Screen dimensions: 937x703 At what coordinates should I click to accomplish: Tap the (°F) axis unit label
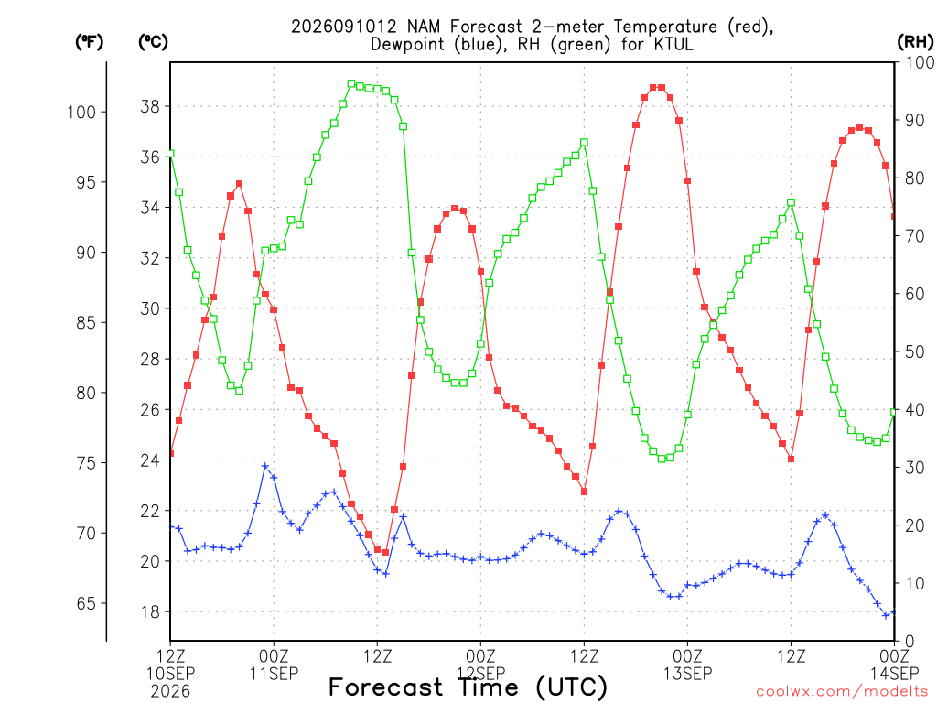pos(90,42)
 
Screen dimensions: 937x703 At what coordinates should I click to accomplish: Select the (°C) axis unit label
pos(154,42)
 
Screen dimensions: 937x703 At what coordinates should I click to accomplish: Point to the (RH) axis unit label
pos(915,42)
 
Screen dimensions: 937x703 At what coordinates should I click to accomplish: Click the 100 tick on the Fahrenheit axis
pos(81,112)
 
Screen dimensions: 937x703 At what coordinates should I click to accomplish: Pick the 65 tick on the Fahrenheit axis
pos(87,603)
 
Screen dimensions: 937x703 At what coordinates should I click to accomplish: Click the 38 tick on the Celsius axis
pos(150,106)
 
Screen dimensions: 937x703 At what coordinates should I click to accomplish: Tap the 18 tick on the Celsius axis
pos(150,612)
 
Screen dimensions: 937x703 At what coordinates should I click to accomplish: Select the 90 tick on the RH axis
pos(915,120)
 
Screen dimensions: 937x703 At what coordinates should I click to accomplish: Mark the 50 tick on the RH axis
pos(915,351)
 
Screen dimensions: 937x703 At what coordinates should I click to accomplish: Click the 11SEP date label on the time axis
pos(275,674)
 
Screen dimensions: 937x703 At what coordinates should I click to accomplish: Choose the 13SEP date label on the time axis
pos(688,674)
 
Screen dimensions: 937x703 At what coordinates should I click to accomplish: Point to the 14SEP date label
pos(895,674)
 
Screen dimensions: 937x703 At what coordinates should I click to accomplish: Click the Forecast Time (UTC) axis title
pos(468,687)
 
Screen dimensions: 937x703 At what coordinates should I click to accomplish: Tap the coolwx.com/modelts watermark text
pos(844,692)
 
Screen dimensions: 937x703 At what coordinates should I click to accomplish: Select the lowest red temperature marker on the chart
pos(385,552)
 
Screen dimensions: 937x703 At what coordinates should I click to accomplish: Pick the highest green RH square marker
pos(351,83)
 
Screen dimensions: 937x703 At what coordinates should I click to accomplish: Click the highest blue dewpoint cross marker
pos(265,466)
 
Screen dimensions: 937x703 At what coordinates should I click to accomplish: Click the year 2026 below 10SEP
pos(170,692)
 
